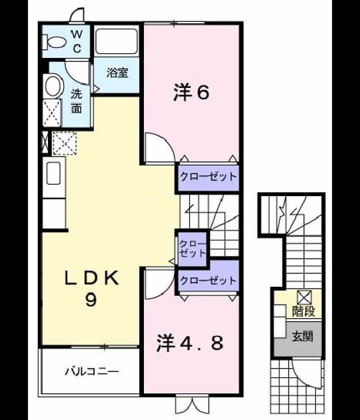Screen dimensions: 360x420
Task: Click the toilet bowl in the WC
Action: click(55, 42)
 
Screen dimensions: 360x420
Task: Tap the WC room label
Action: click(77, 41)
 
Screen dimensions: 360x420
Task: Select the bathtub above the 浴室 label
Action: click(117, 41)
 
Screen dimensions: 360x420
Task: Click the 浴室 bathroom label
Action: click(117, 73)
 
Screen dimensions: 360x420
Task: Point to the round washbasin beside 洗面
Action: click(53, 86)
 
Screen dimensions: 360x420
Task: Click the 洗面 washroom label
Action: click(77, 101)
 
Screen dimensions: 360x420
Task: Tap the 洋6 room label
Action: click(191, 92)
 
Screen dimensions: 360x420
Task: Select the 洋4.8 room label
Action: click(189, 343)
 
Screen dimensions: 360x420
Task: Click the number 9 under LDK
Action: click(91, 299)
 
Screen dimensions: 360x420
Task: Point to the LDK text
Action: click(91, 278)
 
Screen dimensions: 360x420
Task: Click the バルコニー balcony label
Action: click(91, 371)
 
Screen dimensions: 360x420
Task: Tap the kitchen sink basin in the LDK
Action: click(53, 173)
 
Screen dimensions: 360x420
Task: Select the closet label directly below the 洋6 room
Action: click(209, 177)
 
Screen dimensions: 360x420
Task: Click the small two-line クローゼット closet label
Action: click(193, 249)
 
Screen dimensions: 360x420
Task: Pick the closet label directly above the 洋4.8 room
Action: click(208, 280)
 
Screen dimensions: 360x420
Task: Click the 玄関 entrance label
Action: click(303, 337)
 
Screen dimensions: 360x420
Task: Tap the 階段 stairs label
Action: click(303, 311)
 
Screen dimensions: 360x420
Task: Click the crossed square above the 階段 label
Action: click(305, 297)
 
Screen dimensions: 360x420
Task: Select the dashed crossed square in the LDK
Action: click(64, 143)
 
